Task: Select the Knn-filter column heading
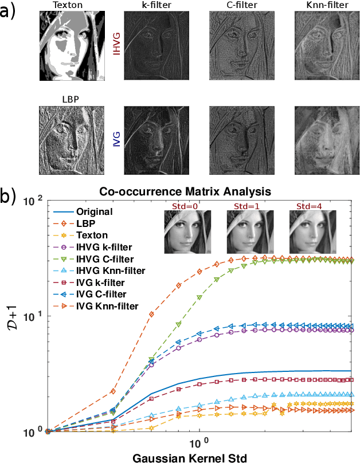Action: click(323, 6)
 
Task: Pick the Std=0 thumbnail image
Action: click(183, 231)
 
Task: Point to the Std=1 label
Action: click(246, 206)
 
